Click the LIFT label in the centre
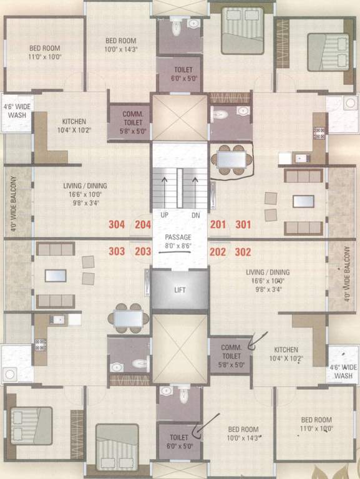(x=180, y=290)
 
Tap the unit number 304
(x=117, y=225)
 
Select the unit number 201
(x=218, y=225)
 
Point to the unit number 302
(x=243, y=252)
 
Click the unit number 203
(x=144, y=252)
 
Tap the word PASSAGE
(x=178, y=238)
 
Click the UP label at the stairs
(x=165, y=215)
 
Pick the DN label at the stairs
(x=195, y=215)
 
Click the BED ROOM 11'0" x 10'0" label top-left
(x=46, y=52)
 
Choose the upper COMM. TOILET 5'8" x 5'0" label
(x=131, y=119)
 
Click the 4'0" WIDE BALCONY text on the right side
(x=347, y=274)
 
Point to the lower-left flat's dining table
(x=128, y=319)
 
